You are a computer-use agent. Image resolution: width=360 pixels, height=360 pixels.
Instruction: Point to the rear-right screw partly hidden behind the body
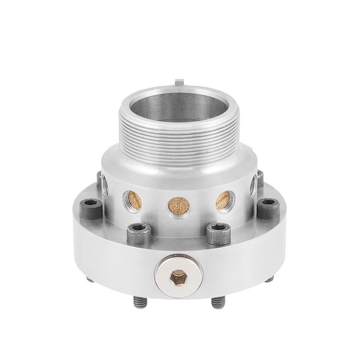tap(260, 176)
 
